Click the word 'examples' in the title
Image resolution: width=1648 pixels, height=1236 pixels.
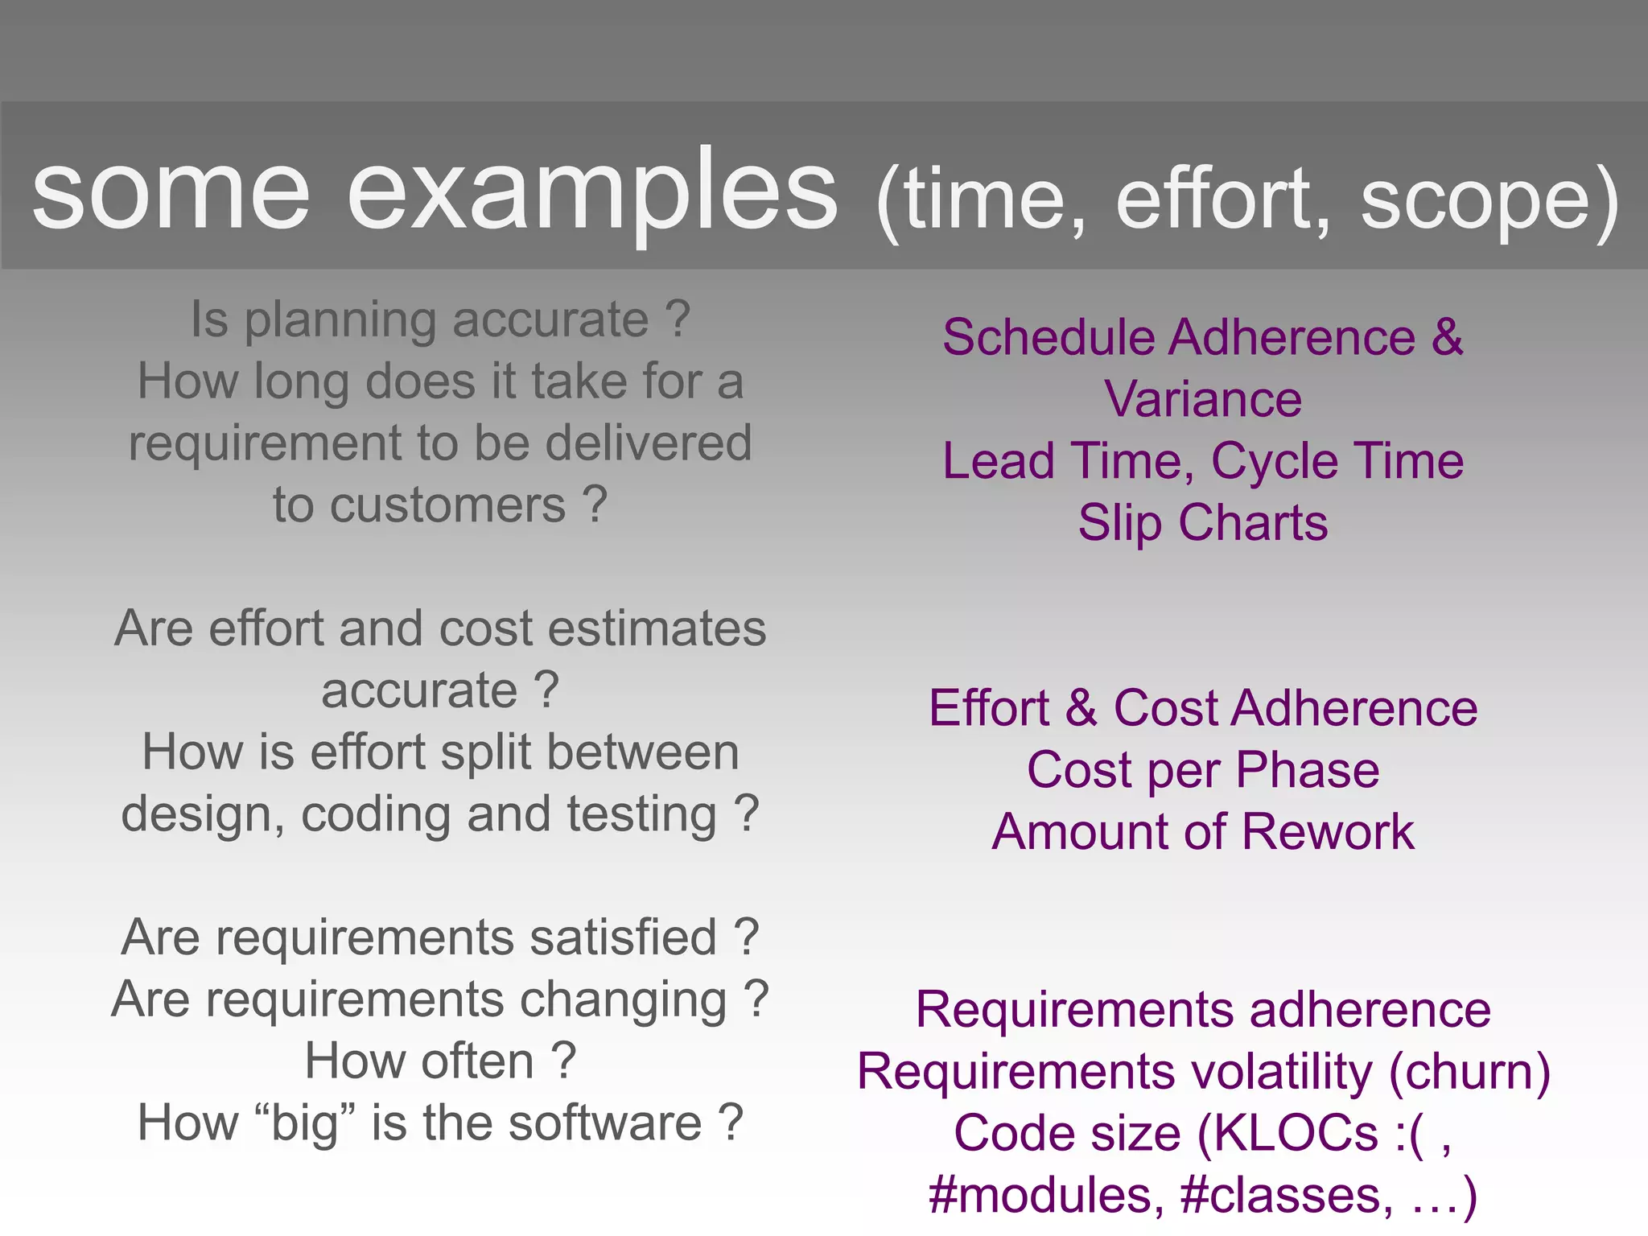[593, 193]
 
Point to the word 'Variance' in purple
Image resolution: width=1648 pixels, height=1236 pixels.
[1202, 399]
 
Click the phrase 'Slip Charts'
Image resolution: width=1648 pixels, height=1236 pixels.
[1202, 523]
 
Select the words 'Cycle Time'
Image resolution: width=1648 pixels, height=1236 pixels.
[1337, 461]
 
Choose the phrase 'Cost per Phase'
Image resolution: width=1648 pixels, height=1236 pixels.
[1202, 770]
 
